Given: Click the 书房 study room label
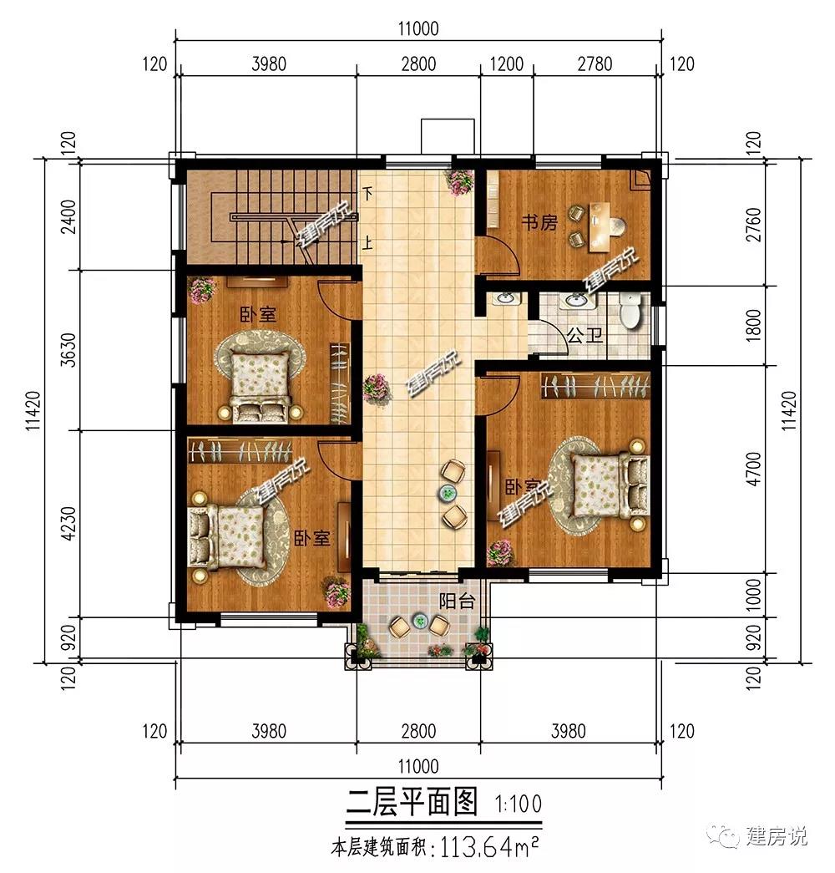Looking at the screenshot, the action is [539, 223].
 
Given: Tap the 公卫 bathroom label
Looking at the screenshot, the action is [585, 336].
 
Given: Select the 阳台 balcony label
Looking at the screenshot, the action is [457, 601].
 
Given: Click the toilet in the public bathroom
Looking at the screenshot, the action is [630, 311].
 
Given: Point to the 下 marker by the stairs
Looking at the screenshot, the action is [367, 194].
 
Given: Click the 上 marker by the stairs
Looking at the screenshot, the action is [367, 243].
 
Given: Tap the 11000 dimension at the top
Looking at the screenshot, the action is [418, 28].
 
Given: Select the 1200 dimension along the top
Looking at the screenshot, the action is [507, 64].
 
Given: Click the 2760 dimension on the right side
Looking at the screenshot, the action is [753, 225].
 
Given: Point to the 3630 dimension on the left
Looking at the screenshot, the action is [68, 349].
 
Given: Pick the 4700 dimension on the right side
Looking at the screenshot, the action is [753, 469].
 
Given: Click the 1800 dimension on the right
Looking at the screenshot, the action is [753, 326].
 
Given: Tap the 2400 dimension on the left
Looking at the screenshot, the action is [68, 216].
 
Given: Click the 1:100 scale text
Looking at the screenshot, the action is [518, 804].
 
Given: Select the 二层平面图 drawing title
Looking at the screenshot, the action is [412, 802].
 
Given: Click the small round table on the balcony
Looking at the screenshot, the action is [420, 620].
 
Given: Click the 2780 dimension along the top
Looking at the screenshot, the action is [595, 64].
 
